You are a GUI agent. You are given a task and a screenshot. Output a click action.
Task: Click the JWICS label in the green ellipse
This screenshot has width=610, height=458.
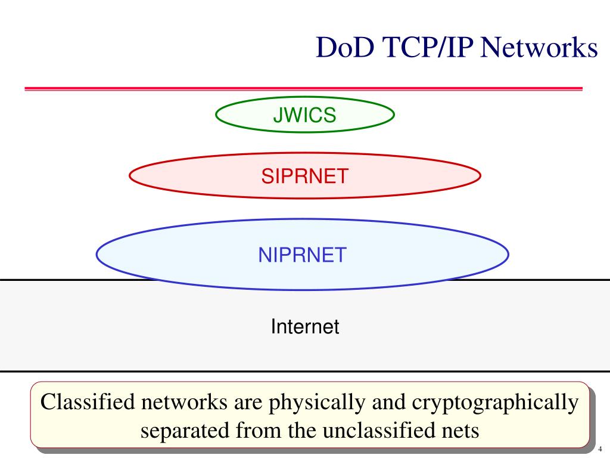[x=304, y=115]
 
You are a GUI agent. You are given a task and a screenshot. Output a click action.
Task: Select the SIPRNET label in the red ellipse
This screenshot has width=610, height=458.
[x=304, y=176]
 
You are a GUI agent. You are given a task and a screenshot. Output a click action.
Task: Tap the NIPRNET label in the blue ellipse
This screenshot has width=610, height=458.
[x=302, y=255]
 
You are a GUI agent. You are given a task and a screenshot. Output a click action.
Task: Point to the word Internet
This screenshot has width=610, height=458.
[x=305, y=327]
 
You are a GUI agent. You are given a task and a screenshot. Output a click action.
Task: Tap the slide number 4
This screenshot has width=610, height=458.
[x=600, y=449]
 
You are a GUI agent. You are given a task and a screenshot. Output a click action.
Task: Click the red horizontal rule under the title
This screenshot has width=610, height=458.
[x=303, y=88]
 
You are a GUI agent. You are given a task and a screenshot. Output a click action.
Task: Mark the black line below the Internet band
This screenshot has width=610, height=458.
[x=305, y=371]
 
